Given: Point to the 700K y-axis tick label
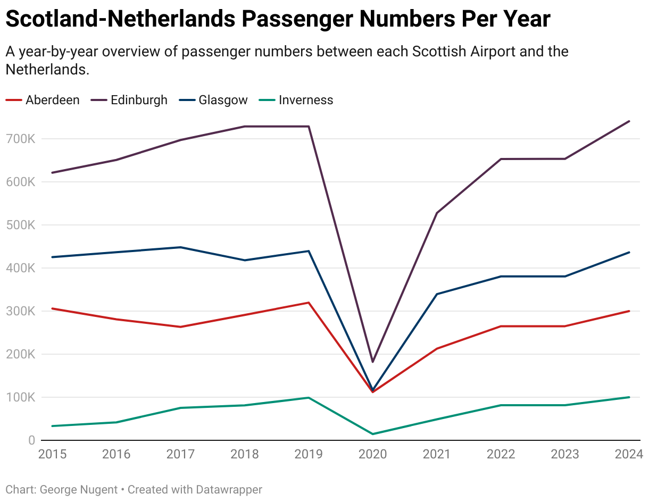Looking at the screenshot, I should (x=22, y=139).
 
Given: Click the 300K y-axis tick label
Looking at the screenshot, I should (x=22, y=312).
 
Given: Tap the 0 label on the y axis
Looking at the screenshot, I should (x=31, y=441).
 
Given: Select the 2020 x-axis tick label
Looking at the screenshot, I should (x=372, y=454).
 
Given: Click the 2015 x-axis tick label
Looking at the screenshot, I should (x=52, y=454).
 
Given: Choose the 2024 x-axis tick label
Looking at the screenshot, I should (x=628, y=454).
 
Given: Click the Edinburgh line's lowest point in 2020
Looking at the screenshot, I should (x=373, y=362).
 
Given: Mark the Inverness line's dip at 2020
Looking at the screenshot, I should (x=373, y=434).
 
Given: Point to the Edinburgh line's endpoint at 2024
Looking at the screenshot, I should (x=629, y=121).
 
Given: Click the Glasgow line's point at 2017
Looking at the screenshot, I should (x=180, y=247).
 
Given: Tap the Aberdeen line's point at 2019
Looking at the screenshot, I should (x=309, y=303).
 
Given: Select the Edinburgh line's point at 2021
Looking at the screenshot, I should (x=437, y=213).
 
